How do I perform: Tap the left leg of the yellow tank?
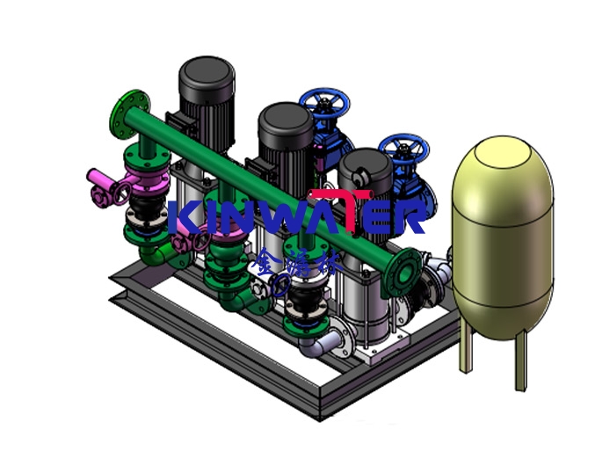465,355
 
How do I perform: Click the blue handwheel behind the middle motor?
324,106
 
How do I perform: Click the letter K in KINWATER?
183,217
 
